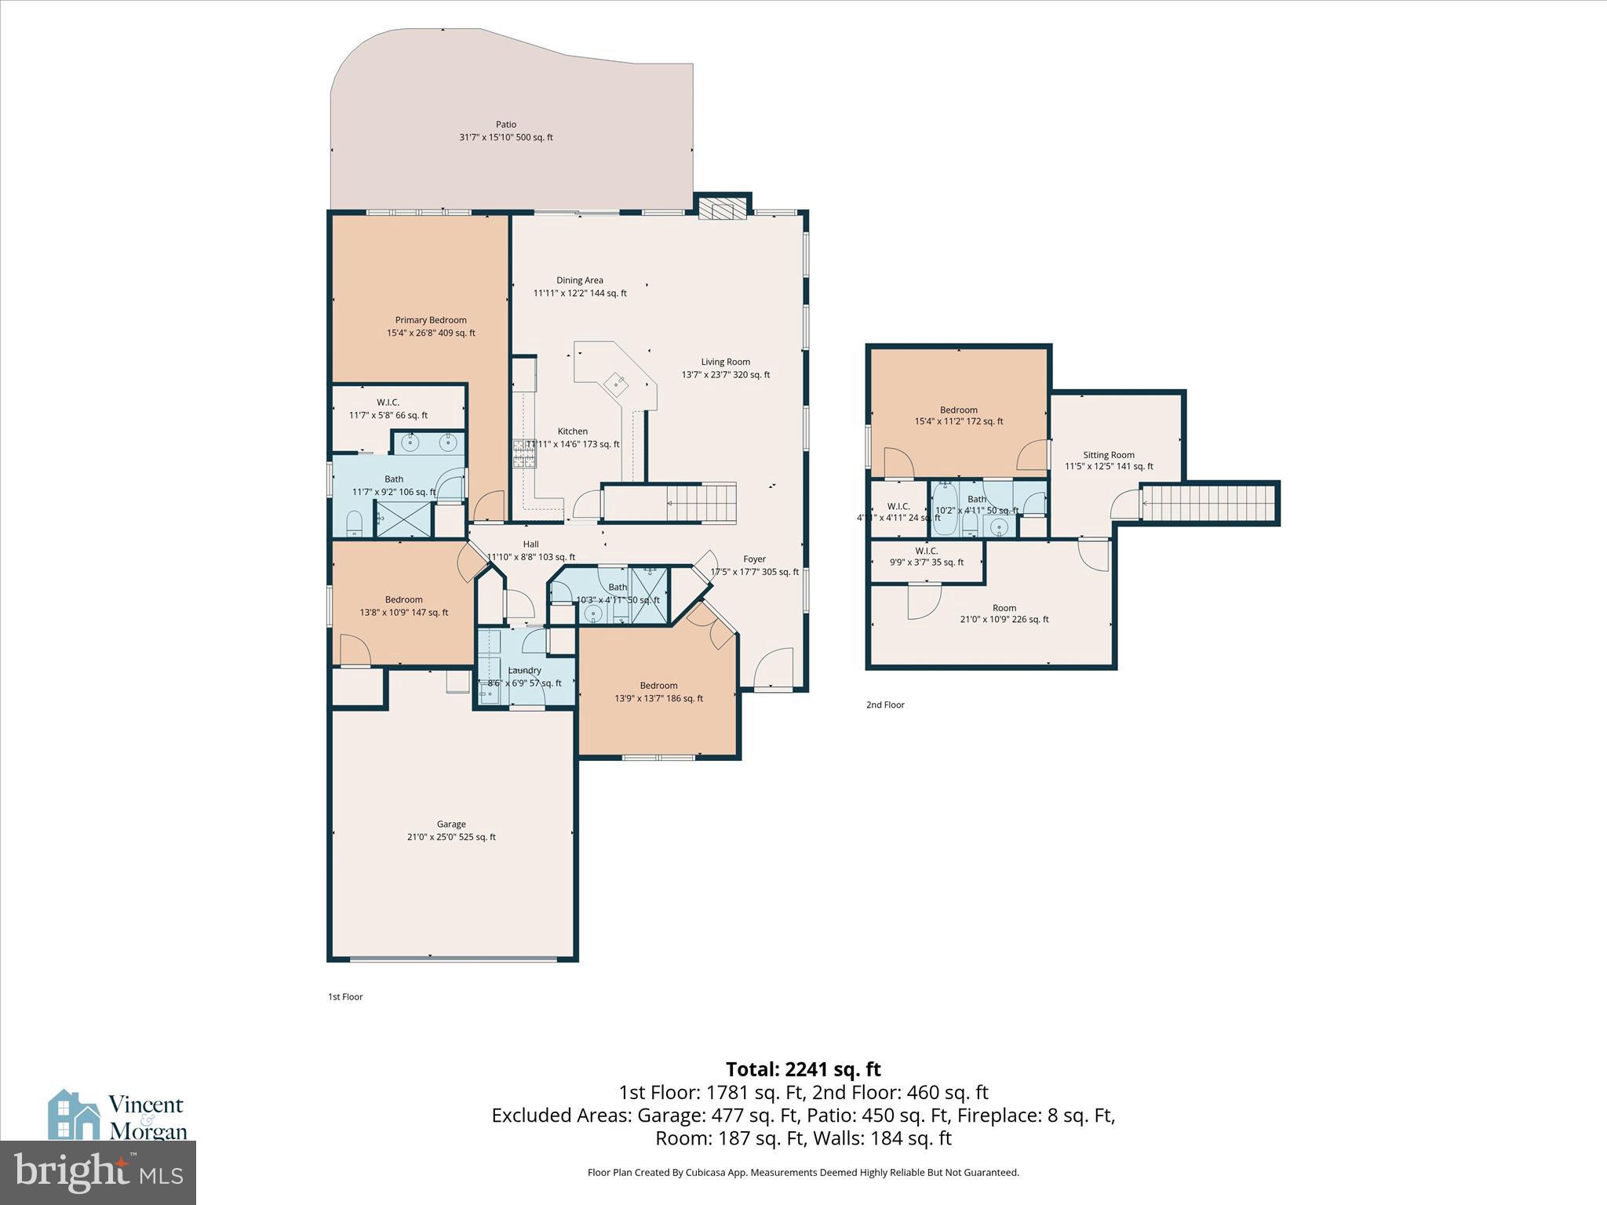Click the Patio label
pos(506,124)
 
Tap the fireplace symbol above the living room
pos(722,209)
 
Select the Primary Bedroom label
pos(431,320)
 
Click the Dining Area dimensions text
pos(580,293)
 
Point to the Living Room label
pos(725,362)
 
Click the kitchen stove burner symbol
pos(523,454)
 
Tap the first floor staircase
pos(701,503)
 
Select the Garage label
pos(451,824)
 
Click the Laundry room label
pos(524,671)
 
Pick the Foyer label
pos(754,559)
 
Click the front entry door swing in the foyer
pos(774,668)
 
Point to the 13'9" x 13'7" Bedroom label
pos(658,686)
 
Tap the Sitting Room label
pos(1109,455)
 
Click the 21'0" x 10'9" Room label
pos(1004,608)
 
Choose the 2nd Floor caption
pos(885,704)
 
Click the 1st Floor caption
pos(345,997)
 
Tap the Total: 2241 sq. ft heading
pos(803,1069)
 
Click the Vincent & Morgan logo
pos(118,1116)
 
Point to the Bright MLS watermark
pos(98,1172)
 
